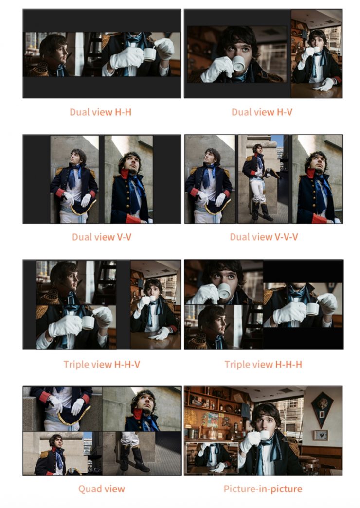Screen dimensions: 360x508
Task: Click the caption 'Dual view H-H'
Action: coord(101,112)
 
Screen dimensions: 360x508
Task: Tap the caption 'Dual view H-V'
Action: coord(262,112)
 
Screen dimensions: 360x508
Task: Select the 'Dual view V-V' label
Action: coord(102,237)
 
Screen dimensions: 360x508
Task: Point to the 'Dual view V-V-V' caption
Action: coord(264,237)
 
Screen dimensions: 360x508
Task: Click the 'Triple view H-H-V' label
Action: coord(102,364)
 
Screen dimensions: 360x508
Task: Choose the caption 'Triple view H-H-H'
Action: coord(263,364)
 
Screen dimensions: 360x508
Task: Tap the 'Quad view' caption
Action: coord(102,489)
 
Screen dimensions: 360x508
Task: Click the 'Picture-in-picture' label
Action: coord(263,489)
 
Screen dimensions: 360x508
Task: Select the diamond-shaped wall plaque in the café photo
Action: coord(322,409)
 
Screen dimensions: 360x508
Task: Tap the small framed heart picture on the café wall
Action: coord(321,435)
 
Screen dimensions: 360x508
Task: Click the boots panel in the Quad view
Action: coord(142,453)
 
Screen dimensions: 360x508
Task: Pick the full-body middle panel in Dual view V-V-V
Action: coord(263,179)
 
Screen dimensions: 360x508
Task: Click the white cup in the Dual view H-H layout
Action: coord(149,54)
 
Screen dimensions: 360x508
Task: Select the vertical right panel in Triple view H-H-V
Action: coord(156,304)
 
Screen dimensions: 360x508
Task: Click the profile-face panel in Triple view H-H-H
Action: coord(223,327)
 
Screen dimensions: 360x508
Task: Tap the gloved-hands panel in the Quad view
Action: coord(63,409)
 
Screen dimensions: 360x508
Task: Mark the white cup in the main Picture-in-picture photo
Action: coord(264,435)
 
